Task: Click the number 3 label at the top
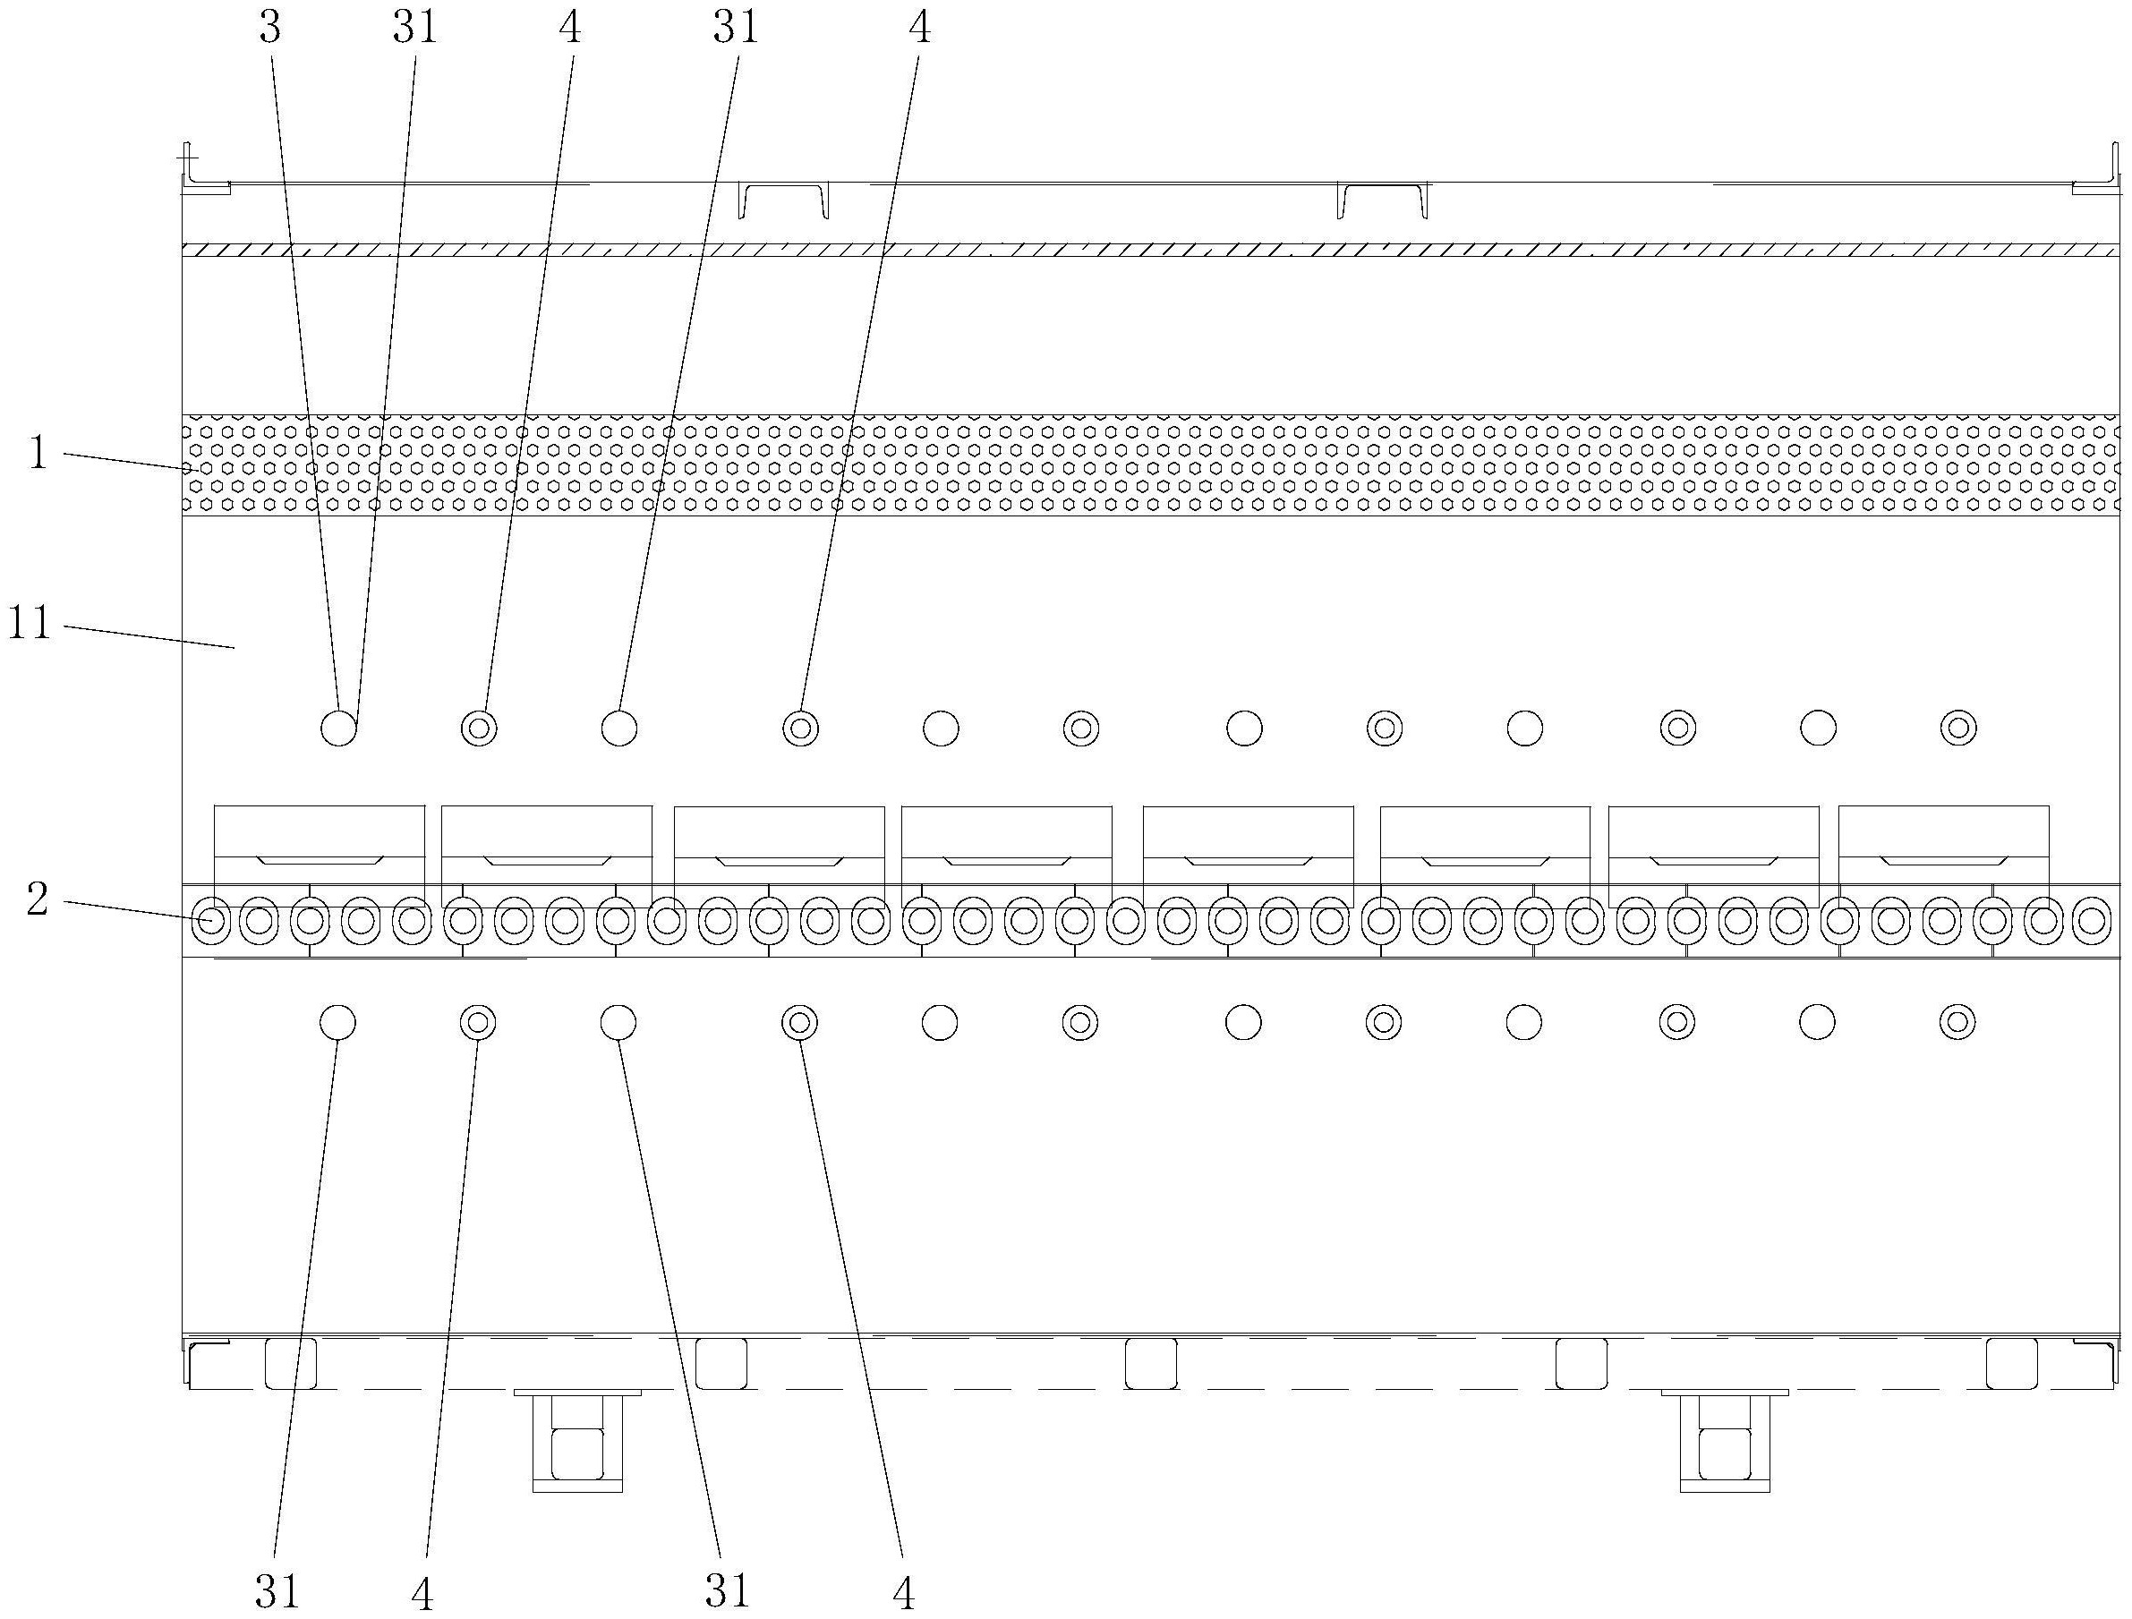(270, 28)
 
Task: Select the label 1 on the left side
(38, 453)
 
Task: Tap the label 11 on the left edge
(30, 624)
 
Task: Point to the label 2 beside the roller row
(37, 899)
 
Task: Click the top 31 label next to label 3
(415, 28)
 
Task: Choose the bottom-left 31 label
(277, 1591)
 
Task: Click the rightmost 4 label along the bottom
(903, 1594)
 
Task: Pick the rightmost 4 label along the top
(919, 28)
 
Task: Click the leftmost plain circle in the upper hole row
(338, 728)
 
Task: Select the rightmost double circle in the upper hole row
(1958, 728)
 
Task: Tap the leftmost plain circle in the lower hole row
(337, 1021)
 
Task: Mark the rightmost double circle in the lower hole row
(1957, 1020)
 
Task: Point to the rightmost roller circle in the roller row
(2093, 921)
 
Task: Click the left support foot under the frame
(577, 1441)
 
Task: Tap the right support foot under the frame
(1724, 1441)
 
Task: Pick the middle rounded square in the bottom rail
(1151, 1364)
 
